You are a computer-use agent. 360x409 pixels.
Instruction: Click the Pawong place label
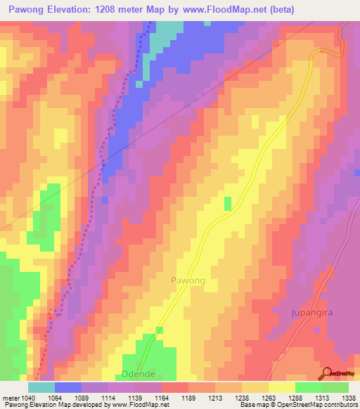tap(188, 280)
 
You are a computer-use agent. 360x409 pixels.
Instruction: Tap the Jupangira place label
tap(314, 311)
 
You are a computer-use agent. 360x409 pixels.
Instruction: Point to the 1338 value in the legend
tap(349, 398)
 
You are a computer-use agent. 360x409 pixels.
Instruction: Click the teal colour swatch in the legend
tap(41, 387)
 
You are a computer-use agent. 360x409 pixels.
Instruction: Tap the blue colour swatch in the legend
tap(68, 387)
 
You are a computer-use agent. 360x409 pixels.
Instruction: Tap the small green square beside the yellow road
tap(227, 203)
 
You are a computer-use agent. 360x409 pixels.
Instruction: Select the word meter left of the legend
tap(11, 398)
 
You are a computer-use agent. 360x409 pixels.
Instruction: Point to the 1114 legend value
tap(108, 398)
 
